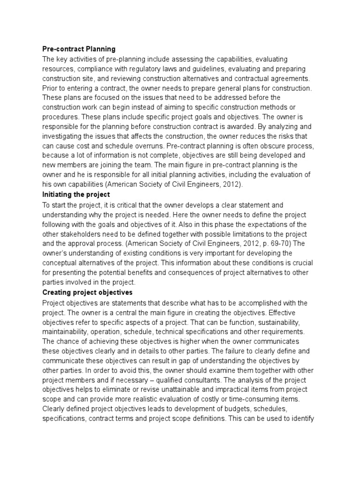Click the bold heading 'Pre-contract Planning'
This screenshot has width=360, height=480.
coord(79,49)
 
